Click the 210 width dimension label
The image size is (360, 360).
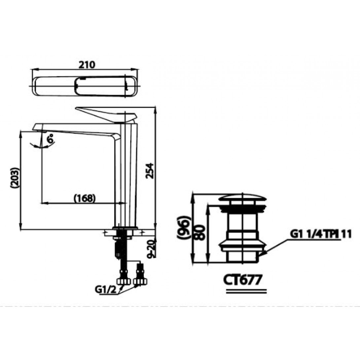coord(87,65)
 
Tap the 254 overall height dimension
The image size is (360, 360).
coord(150,170)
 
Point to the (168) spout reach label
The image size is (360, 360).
coord(85,198)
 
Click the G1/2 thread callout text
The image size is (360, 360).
coord(106,290)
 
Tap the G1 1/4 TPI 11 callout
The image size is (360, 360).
coord(321,234)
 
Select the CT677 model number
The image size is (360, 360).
coord(243,280)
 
